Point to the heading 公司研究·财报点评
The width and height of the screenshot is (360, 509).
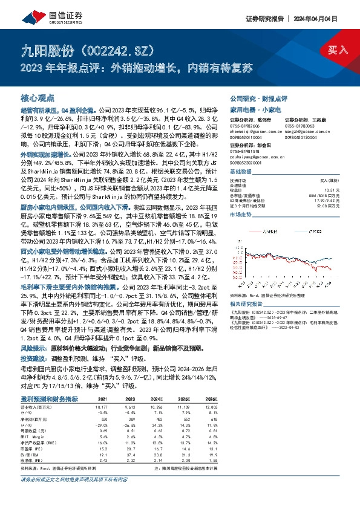pos(258,97)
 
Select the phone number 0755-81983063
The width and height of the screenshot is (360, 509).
pos(304,125)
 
